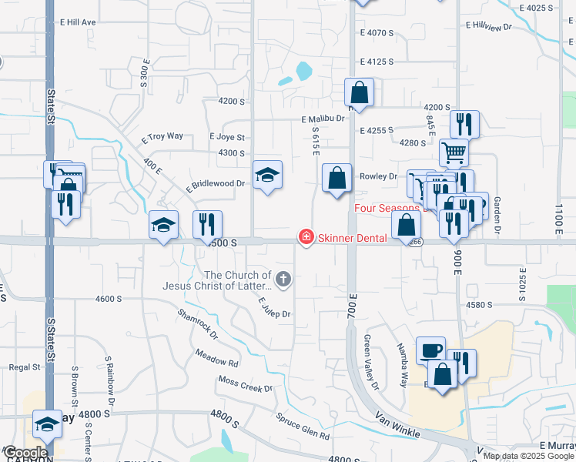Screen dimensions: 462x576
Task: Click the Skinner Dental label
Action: point(353,238)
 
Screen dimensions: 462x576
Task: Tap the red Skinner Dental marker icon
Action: point(306,237)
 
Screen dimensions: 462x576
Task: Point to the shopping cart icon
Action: point(454,152)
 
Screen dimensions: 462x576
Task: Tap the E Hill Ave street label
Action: point(76,22)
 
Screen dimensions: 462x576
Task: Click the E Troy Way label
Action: point(162,136)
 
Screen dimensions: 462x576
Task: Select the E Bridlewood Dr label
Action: point(215,184)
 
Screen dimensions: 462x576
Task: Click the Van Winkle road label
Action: point(397,423)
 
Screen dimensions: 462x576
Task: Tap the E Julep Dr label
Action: point(274,308)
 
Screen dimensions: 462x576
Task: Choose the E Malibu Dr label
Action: point(323,119)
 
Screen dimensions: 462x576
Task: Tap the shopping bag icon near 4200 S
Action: point(359,92)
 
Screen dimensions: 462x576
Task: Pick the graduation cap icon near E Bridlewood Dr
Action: point(267,175)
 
